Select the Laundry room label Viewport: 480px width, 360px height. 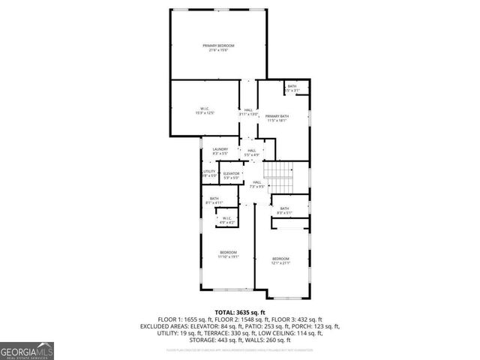(220, 151)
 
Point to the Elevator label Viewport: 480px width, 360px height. (231, 175)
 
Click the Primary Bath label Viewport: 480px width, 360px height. (277, 118)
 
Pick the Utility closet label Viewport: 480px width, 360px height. (209, 173)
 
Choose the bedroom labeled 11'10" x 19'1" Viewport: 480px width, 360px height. (228, 253)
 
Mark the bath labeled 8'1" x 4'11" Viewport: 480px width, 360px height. (214, 200)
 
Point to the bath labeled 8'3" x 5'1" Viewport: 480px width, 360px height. (284, 210)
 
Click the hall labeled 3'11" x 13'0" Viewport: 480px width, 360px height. (248, 112)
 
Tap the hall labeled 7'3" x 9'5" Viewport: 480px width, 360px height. (256, 184)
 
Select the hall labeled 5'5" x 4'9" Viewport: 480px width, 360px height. (252, 153)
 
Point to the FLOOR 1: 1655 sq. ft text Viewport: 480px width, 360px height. (184, 319)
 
